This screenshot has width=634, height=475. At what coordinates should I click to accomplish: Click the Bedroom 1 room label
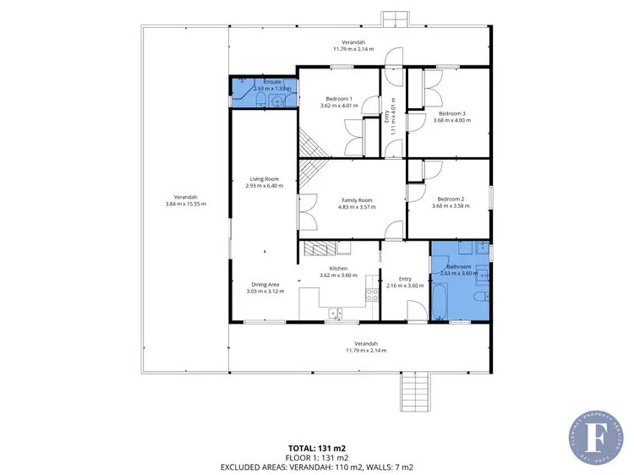[x=339, y=98]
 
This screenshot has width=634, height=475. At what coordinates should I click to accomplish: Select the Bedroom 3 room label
[x=451, y=113]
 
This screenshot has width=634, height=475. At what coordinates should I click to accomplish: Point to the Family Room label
[x=357, y=199]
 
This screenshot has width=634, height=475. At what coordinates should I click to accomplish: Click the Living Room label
[x=264, y=178]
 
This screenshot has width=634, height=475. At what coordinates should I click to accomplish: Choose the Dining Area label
[x=265, y=285]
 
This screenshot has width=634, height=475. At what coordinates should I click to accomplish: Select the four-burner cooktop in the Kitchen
[x=370, y=294]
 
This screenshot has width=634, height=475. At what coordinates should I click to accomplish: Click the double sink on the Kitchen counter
[x=336, y=314]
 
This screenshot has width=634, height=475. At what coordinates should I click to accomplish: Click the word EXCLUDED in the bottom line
[x=247, y=466]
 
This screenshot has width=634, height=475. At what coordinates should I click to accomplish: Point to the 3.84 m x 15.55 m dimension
[x=185, y=204]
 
